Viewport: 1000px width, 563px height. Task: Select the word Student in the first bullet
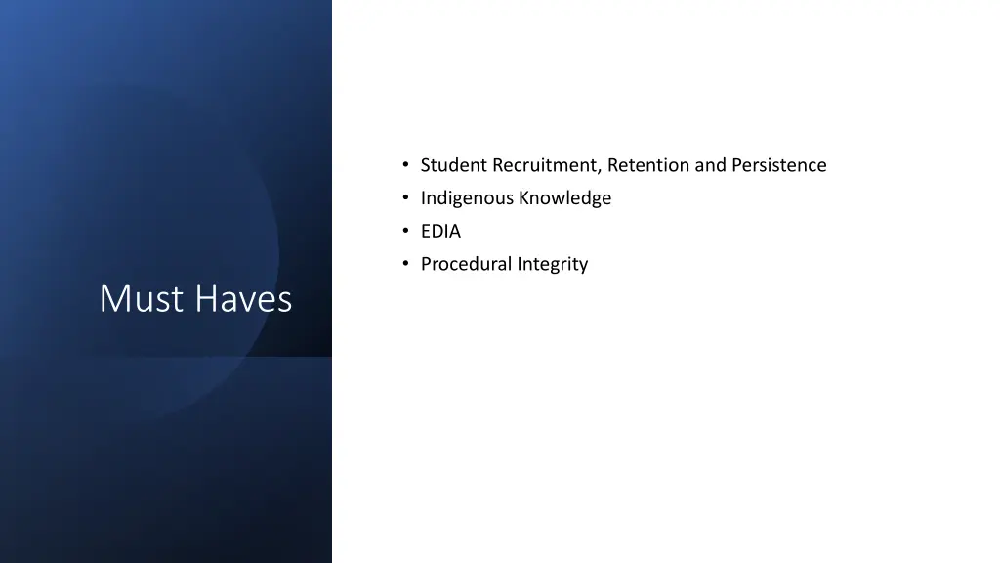coord(454,165)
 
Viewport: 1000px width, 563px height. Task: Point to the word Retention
coord(648,165)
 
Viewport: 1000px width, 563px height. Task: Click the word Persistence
coord(779,165)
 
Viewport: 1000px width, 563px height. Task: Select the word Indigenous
coord(467,198)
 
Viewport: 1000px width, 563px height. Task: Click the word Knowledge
coord(565,198)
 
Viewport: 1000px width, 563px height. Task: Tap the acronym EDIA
coord(440,232)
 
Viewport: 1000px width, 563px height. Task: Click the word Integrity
coord(553,264)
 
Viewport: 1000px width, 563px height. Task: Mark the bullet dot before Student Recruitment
coord(404,165)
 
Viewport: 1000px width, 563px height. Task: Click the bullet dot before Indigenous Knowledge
coord(404,198)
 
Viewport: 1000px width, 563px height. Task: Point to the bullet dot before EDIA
coord(404,232)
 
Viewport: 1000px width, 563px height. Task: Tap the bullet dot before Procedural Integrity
coord(404,264)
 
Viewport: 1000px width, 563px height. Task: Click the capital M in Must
coord(113,299)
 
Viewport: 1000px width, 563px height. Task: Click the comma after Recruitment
coord(601,171)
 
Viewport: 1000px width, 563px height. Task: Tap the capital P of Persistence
coord(737,165)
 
